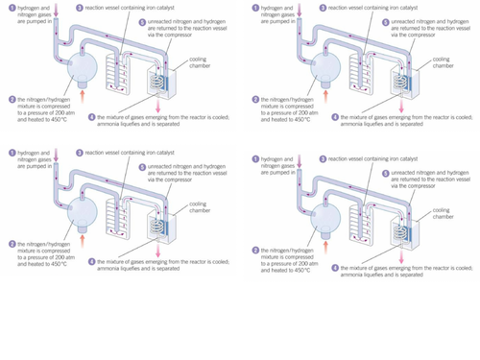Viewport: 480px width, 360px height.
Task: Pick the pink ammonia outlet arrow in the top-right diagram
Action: [x=396, y=108]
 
